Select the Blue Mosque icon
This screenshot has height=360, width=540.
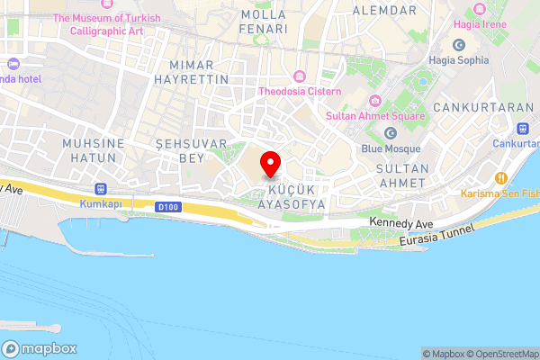pyautogui.click(x=391, y=133)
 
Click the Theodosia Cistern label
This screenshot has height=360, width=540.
pyautogui.click(x=300, y=92)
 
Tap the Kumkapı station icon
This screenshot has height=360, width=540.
pyautogui.click(x=101, y=190)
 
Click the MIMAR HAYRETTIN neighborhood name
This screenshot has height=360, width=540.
pyautogui.click(x=199, y=72)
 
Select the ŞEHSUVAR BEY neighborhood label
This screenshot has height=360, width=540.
pyautogui.click(x=181, y=150)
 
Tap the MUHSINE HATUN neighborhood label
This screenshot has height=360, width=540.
pyautogui.click(x=89, y=150)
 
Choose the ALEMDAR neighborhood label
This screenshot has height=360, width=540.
pyautogui.click(x=384, y=10)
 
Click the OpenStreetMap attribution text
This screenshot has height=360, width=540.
pyautogui.click(x=506, y=354)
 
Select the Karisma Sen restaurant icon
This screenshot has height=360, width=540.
pyautogui.click(x=502, y=177)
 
